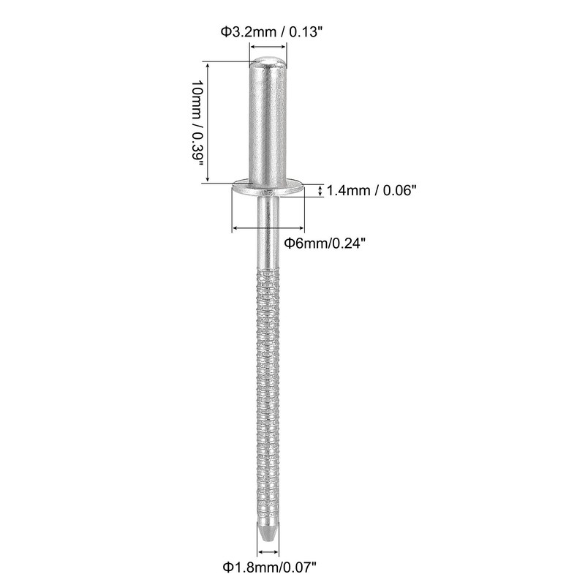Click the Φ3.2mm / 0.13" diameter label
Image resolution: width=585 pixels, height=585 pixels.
pos(268,31)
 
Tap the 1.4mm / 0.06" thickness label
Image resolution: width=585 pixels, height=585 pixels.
pos(371,190)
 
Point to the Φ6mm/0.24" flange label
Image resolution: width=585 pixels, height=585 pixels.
pos(325,244)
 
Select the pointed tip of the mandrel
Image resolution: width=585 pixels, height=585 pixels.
pos(268,530)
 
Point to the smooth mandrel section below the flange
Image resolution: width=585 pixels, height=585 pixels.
pos(268,234)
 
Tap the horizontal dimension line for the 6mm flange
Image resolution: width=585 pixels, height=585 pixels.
pos(268,229)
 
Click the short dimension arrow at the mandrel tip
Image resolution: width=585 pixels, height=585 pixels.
pos(268,546)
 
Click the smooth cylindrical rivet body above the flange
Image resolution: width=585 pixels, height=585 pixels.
pos(268,124)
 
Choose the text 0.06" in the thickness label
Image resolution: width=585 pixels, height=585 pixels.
pos(398,190)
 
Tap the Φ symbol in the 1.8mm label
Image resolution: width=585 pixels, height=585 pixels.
pos(228,565)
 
